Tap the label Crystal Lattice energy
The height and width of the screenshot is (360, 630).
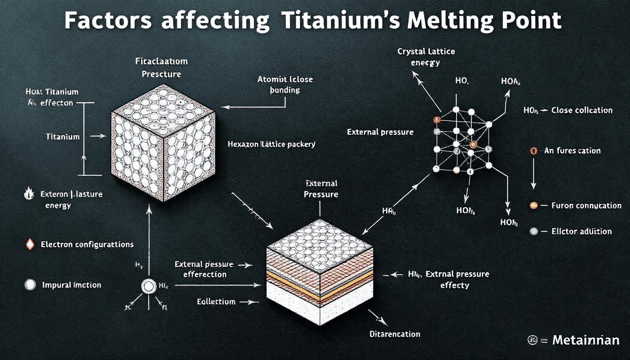point(426,57)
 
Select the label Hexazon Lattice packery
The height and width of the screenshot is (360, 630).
point(271,144)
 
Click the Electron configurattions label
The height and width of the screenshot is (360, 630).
point(87,244)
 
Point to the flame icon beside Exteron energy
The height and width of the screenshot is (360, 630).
point(29,193)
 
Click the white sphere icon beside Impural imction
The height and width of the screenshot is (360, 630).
point(30,285)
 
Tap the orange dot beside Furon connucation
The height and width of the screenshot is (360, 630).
point(533,205)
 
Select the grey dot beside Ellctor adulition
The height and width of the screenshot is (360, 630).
point(533,231)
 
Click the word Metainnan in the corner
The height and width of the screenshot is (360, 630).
point(586,340)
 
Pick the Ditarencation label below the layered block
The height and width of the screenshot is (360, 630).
point(395,334)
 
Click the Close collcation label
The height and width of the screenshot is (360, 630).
point(582,111)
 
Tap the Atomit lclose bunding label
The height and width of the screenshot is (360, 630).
point(285,84)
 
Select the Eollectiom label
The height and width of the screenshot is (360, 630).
point(216,301)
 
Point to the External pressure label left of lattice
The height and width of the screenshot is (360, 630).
point(380,132)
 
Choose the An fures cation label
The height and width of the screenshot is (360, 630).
point(572,151)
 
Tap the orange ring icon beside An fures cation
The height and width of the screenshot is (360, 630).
point(533,151)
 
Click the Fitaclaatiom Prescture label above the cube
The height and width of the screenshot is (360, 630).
point(161,67)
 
